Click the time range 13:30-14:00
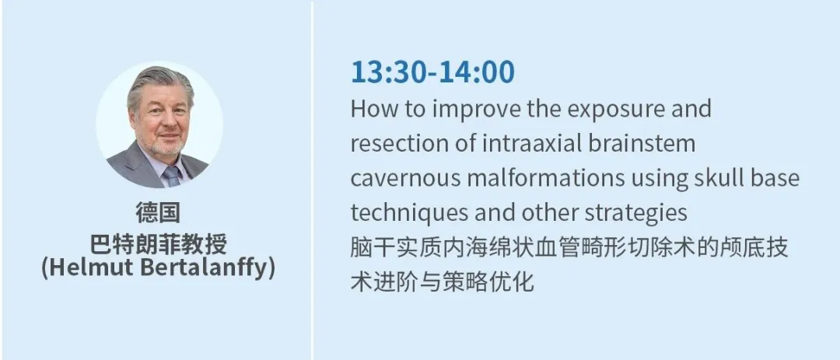pos(432,72)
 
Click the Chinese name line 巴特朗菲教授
pos(158,243)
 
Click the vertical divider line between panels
pos(313,180)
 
